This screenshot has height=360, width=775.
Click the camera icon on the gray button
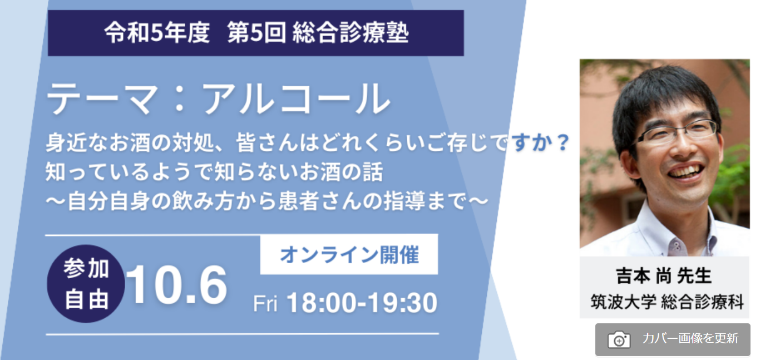[x=619, y=339]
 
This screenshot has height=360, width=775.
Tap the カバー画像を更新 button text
[x=690, y=338]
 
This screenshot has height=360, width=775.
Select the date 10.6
[x=176, y=285]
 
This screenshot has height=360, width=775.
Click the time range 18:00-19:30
[x=362, y=303]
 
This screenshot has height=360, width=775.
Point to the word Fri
[x=265, y=304]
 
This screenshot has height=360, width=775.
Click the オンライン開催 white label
[x=349, y=254]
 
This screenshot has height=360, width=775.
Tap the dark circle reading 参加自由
[x=86, y=284]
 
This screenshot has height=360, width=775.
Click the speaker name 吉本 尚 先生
[x=664, y=276]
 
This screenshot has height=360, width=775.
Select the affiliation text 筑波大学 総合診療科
[x=667, y=302]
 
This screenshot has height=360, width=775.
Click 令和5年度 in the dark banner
[x=157, y=33]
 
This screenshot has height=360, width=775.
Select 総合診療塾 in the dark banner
[x=351, y=33]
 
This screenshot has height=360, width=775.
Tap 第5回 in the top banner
[x=256, y=33]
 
